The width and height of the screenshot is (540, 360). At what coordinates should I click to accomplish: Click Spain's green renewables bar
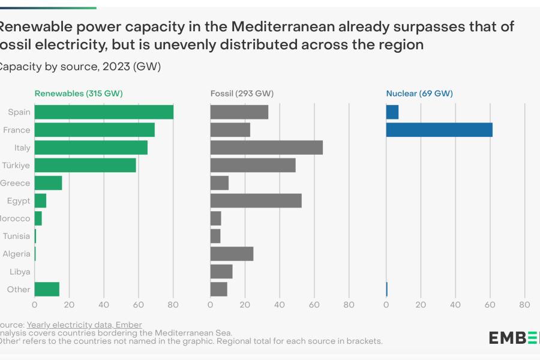pyautogui.click(x=104, y=112)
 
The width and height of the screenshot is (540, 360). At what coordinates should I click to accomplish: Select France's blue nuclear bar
pyautogui.click(x=439, y=130)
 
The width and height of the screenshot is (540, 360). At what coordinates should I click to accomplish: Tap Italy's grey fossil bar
pyautogui.click(x=266, y=148)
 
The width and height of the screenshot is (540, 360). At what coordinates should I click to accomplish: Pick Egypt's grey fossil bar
pyautogui.click(x=256, y=200)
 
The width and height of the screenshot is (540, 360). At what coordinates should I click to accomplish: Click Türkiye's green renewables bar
pyautogui.click(x=85, y=165)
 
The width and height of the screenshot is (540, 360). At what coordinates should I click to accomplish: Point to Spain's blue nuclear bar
pyautogui.click(x=392, y=112)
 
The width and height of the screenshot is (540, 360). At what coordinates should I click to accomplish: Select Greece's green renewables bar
pyautogui.click(x=48, y=183)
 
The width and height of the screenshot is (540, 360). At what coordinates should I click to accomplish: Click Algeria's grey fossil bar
pyautogui.click(x=232, y=254)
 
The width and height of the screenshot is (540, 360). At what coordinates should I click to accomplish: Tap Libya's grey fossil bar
pyautogui.click(x=221, y=271)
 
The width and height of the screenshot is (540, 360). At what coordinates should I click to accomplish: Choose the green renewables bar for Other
pyautogui.click(x=47, y=289)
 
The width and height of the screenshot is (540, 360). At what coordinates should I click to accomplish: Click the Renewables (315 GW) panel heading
pyautogui.click(x=79, y=94)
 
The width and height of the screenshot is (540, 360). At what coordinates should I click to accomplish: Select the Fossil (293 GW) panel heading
pyautogui.click(x=242, y=94)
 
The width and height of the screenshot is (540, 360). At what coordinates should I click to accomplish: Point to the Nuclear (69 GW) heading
pyautogui.click(x=419, y=94)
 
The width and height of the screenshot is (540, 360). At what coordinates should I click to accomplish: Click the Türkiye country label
pyautogui.click(x=16, y=165)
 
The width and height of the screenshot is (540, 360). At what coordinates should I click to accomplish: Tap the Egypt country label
pyautogui.click(x=19, y=200)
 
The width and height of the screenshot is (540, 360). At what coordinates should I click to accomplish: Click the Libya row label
pyautogui.click(x=20, y=272)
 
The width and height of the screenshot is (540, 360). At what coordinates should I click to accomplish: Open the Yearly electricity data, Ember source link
pyautogui.click(x=84, y=325)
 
